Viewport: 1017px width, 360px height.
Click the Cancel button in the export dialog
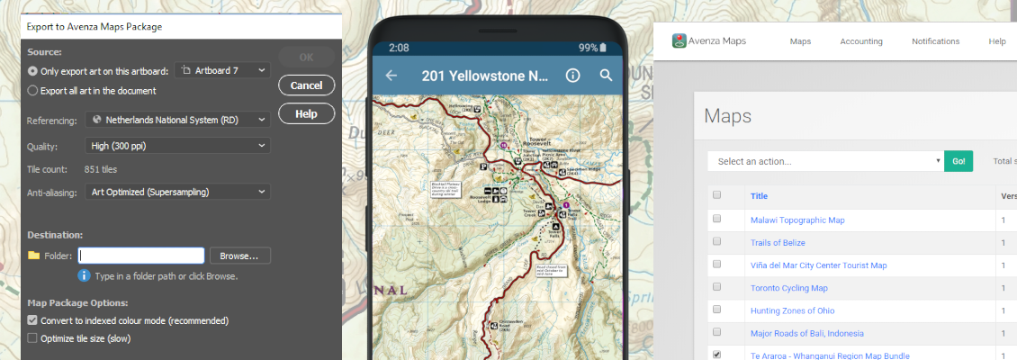(x=307, y=85)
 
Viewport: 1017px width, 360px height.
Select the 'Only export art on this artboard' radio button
(x=33, y=70)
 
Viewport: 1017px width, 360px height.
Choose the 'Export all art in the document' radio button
(x=33, y=90)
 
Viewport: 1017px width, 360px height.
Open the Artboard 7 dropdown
(x=221, y=70)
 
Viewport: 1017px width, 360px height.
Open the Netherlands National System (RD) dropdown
(x=178, y=119)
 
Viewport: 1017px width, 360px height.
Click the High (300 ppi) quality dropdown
(x=178, y=146)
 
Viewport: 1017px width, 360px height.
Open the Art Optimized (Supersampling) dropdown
(x=178, y=192)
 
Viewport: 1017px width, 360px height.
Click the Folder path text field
(x=141, y=256)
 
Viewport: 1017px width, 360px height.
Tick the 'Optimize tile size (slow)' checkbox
(x=33, y=338)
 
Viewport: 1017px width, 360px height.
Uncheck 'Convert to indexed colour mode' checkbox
(x=33, y=320)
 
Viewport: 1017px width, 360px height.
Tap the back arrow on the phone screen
(x=391, y=76)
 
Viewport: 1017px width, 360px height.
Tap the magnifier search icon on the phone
(x=606, y=76)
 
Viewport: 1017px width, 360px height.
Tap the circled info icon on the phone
(x=572, y=76)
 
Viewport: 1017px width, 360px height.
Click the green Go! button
(x=958, y=161)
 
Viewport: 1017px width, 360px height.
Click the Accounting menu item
(x=861, y=41)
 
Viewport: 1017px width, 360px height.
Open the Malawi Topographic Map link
(x=797, y=220)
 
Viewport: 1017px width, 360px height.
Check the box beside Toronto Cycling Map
(x=717, y=288)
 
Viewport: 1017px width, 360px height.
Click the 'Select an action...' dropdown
(x=825, y=161)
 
